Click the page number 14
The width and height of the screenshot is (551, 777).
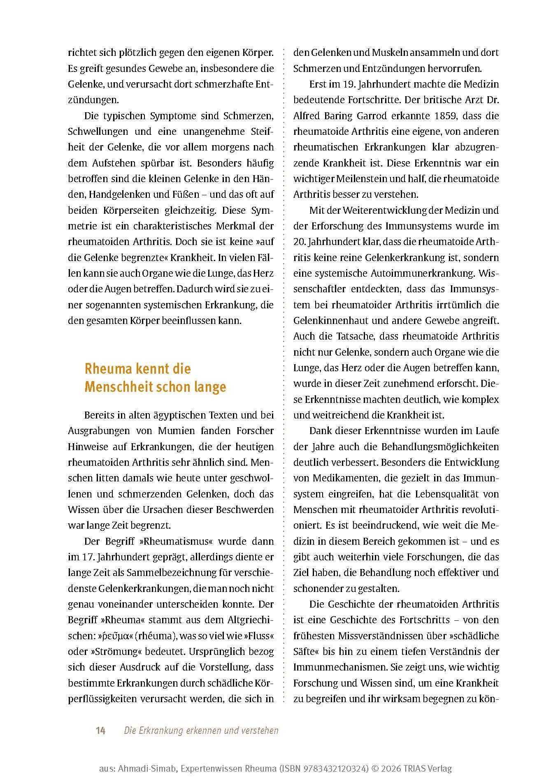point(101,731)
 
